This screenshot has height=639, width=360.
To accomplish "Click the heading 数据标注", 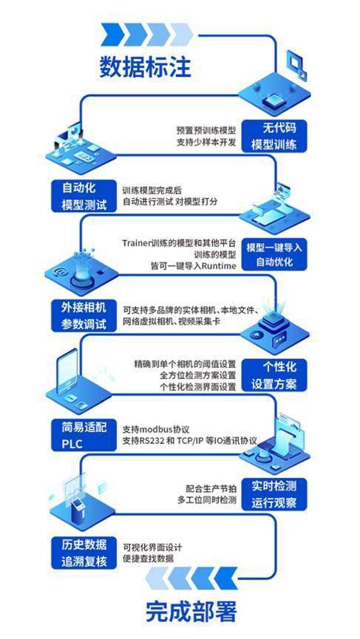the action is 146,66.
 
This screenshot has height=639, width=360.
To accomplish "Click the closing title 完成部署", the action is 191,611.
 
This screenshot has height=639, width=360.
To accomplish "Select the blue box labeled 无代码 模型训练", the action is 274,137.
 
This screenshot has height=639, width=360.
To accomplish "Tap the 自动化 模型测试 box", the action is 84,197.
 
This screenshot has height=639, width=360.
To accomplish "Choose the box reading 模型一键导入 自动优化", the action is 274,254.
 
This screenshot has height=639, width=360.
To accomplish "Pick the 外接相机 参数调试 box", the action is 84,316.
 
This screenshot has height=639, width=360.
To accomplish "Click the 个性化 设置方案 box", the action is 274,375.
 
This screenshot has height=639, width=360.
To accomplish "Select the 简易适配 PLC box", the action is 84,435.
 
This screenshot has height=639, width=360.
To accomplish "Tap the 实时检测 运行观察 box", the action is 274,494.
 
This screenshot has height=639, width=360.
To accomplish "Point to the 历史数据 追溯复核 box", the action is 84,553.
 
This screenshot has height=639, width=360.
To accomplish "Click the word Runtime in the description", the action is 220,266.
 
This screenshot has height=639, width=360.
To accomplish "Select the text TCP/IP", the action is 191,441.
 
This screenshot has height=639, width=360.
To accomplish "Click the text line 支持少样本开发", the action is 206,143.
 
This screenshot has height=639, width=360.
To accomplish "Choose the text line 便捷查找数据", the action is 149,558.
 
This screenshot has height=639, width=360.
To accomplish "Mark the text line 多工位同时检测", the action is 207,500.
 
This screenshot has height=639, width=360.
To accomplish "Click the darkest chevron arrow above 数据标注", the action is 112,34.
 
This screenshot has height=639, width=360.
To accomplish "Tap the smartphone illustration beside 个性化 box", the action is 68,371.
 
